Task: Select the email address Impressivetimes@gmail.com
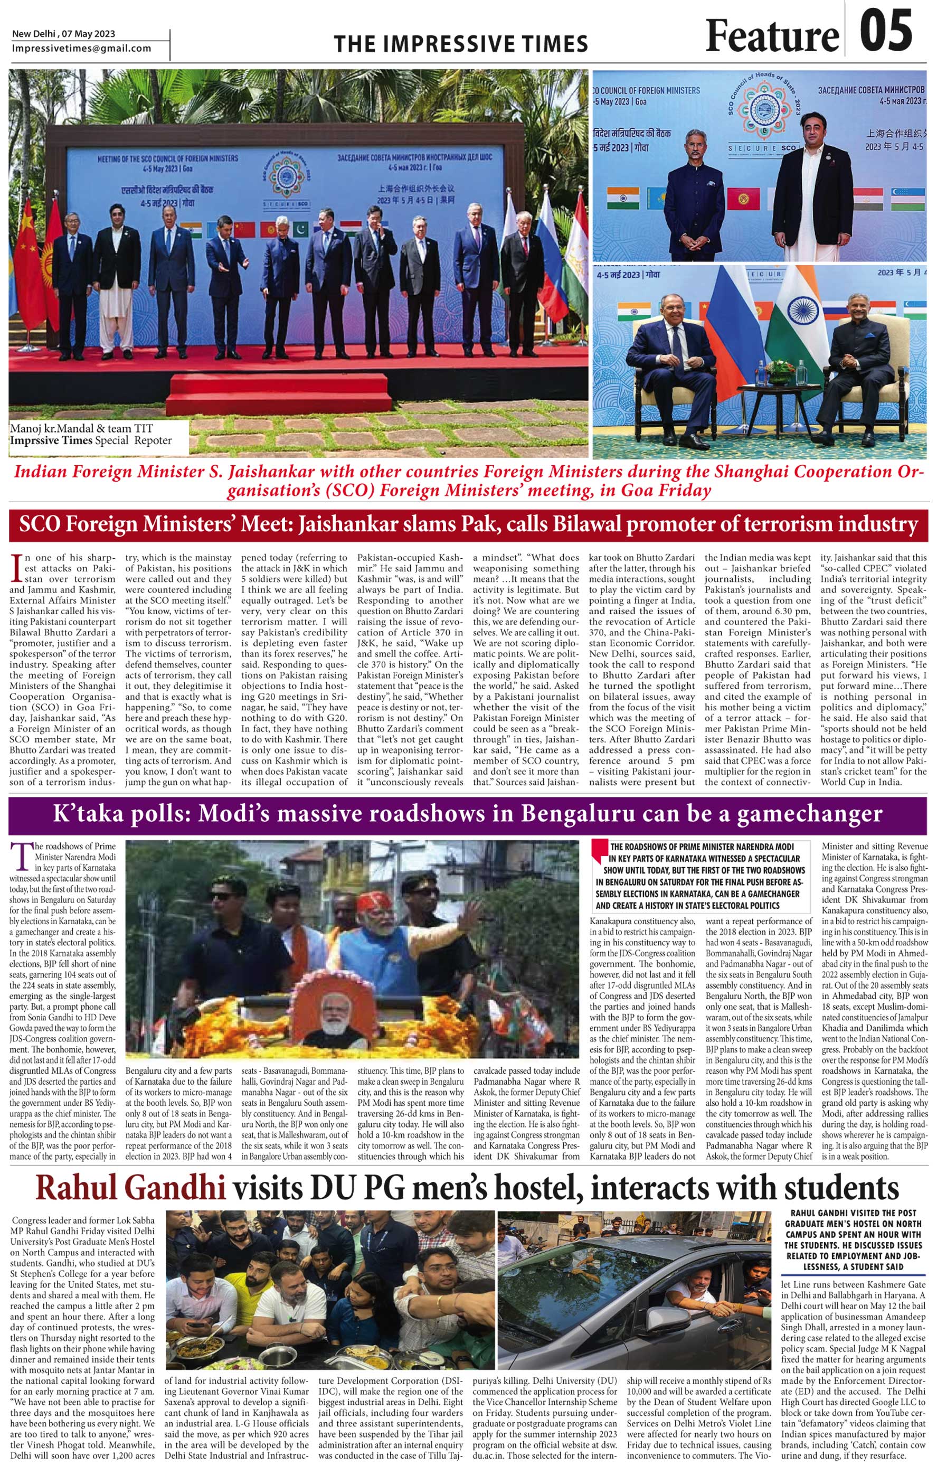[81, 49]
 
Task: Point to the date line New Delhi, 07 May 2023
[64, 34]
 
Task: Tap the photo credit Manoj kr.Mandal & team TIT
[81, 428]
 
